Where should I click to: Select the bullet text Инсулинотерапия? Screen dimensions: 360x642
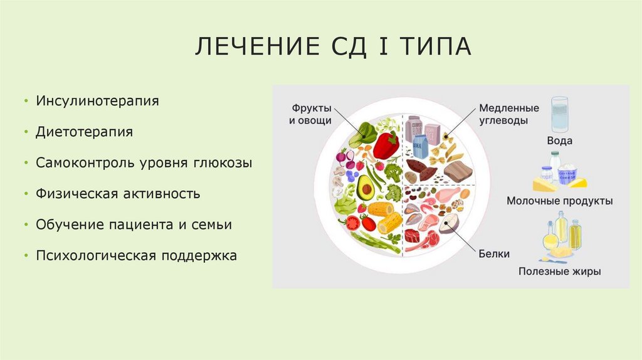pyautogui.click(x=97, y=100)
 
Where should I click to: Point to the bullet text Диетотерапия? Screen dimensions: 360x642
pyautogui.click(x=85, y=132)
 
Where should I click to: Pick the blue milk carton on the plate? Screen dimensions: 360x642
pyautogui.click(x=419, y=148)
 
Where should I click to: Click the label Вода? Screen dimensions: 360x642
pyautogui.click(x=559, y=141)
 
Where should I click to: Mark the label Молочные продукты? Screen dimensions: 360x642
pyautogui.click(x=560, y=201)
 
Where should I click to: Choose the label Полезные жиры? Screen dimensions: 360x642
pyautogui.click(x=560, y=272)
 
